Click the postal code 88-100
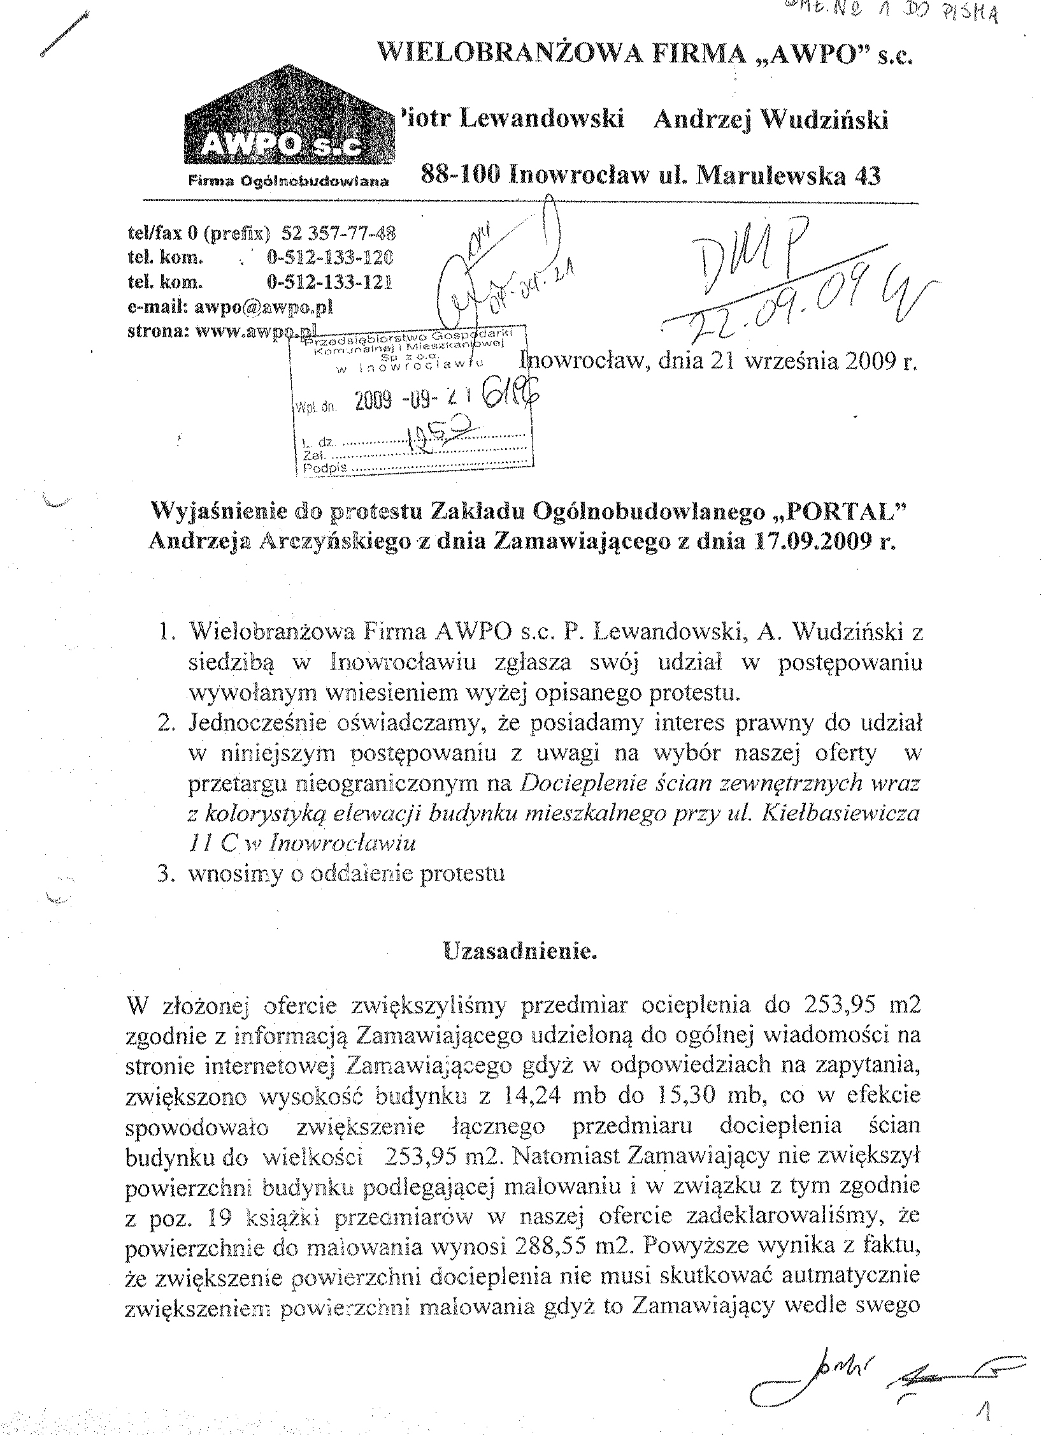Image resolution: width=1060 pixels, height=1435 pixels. pos(457,174)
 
